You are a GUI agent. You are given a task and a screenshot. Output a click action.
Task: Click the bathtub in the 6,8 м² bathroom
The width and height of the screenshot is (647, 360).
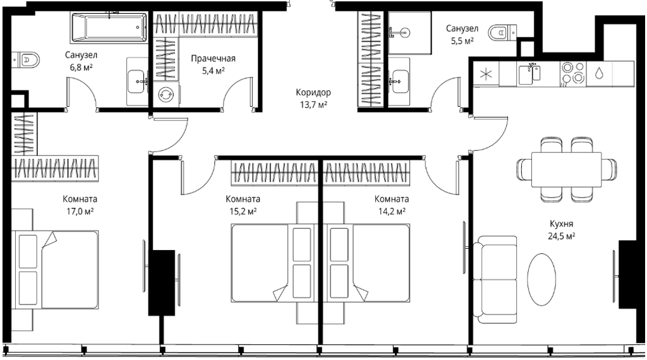pos(109,28)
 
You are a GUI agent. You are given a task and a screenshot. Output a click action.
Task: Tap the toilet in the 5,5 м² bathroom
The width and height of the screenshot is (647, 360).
pos(502,32)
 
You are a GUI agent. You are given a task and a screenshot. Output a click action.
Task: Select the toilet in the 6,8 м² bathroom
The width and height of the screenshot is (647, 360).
pos(26,60)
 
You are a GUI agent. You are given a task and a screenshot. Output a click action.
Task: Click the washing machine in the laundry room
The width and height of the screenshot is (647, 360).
pos(166,95)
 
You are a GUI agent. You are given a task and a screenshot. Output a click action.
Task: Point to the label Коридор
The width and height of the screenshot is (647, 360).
pos(313,92)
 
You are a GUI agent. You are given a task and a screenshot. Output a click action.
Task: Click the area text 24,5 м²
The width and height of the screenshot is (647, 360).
pos(561,236)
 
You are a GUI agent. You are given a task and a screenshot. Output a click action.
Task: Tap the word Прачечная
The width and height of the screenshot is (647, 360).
pos(213,59)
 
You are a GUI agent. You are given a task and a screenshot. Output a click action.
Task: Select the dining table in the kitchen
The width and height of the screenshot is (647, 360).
pos(566,169)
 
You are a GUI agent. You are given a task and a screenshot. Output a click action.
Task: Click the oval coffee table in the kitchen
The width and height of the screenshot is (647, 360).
pos(541,279)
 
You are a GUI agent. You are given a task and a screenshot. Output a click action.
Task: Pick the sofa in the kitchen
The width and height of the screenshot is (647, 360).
pos(495,280)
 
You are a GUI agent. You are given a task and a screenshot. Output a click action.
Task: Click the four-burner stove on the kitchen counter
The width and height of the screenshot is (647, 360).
pos(573,73)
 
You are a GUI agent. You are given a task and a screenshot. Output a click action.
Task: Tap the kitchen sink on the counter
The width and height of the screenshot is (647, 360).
pos(529,74)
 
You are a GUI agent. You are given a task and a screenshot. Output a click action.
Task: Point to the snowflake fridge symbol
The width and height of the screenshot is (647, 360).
pos(486,75)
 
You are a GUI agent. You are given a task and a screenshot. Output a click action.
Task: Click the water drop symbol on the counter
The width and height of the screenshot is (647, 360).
pos(599,73)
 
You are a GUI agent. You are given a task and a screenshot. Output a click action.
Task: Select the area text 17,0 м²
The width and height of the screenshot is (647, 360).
pos(80,212)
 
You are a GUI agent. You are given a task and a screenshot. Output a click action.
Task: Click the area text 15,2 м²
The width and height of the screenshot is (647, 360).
pos(243,212)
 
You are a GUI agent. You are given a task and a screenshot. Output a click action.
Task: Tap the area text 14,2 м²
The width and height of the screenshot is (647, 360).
pos(392,212)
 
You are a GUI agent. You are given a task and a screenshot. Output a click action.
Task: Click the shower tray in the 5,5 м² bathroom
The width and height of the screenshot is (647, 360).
pos(409,33)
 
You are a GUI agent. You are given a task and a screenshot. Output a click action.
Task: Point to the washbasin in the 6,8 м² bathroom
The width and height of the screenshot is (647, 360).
pos(137,81)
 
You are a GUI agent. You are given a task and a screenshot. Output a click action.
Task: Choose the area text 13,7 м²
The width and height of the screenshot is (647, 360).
pos(313,105)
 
